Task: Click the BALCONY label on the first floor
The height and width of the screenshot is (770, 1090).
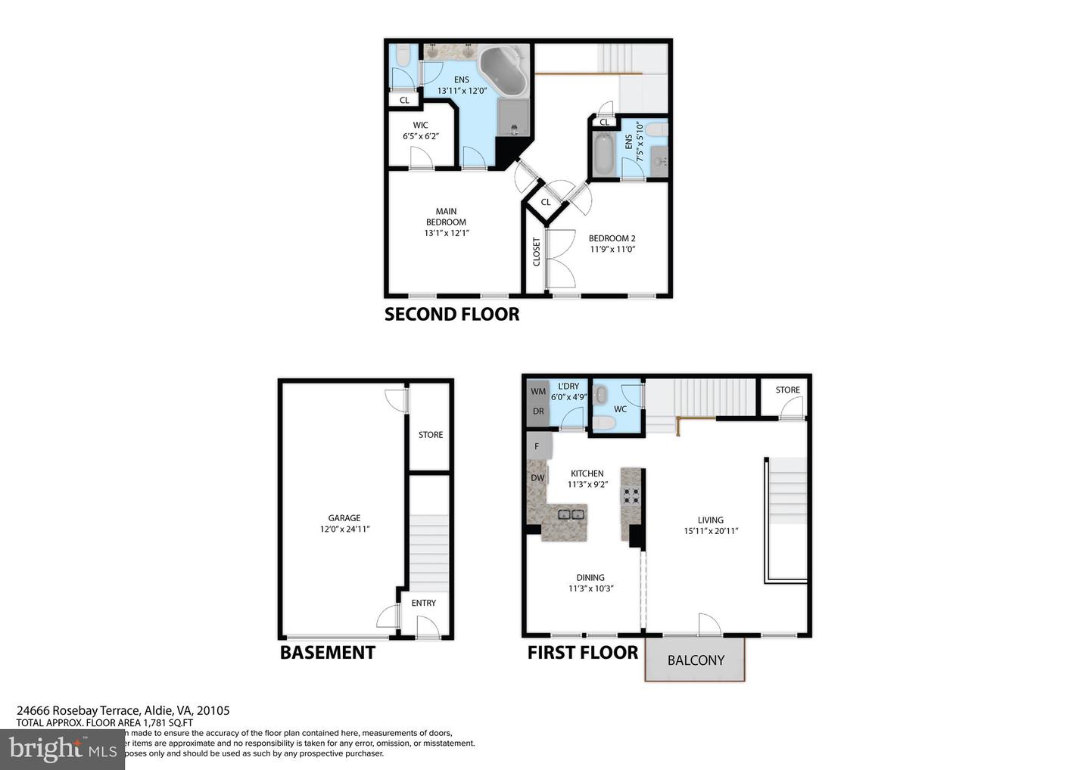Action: coord(696,660)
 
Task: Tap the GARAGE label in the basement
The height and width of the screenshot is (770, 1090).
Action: coord(344,518)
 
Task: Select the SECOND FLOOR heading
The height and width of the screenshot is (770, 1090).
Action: coord(452,314)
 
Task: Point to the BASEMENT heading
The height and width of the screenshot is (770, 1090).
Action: coord(328,652)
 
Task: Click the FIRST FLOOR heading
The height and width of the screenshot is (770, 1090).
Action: coord(583,652)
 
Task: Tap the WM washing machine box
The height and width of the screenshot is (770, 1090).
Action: coord(537,392)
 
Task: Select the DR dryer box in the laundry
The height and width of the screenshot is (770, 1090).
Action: coord(537,412)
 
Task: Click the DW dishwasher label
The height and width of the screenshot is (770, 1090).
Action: coord(537,478)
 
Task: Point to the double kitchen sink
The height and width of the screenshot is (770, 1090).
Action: coord(571,514)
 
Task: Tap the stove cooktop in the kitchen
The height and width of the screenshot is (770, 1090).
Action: coord(631,495)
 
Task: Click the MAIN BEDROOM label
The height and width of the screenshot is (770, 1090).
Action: coord(446,217)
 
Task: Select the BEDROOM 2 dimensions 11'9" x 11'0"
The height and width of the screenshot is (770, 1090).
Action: coord(612,249)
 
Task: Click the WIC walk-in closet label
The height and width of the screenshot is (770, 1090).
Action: coord(421,126)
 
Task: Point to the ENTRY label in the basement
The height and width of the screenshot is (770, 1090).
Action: coord(424,603)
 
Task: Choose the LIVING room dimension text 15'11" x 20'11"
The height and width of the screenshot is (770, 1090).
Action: coord(711,531)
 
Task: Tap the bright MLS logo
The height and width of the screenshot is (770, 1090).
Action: coord(63,749)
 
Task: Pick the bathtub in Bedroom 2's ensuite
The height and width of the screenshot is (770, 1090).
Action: coord(603,155)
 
